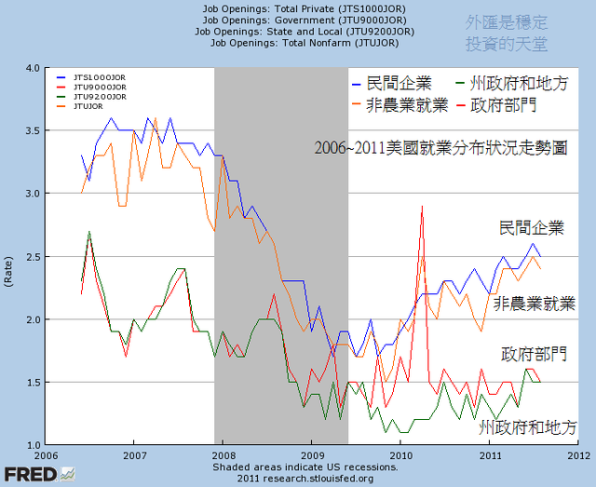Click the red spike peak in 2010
(x=422, y=206)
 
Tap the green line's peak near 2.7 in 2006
(x=89, y=232)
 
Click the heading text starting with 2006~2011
(x=440, y=147)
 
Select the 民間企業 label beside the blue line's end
(x=531, y=226)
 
